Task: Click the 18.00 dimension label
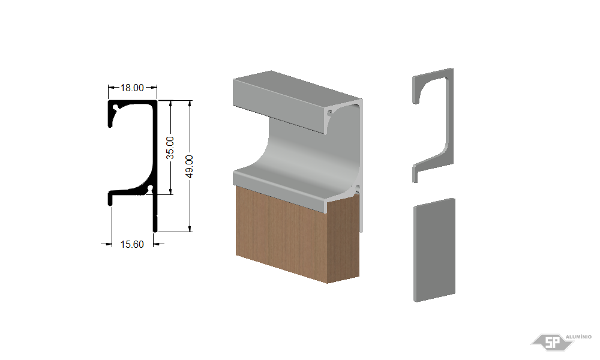point(132,88)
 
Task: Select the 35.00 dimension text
point(170,148)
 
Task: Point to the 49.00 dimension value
point(189,166)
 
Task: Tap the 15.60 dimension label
point(132,244)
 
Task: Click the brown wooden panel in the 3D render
point(291,233)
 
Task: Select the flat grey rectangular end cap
point(434,250)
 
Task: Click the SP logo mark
point(552,342)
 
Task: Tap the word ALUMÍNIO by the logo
point(578,337)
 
